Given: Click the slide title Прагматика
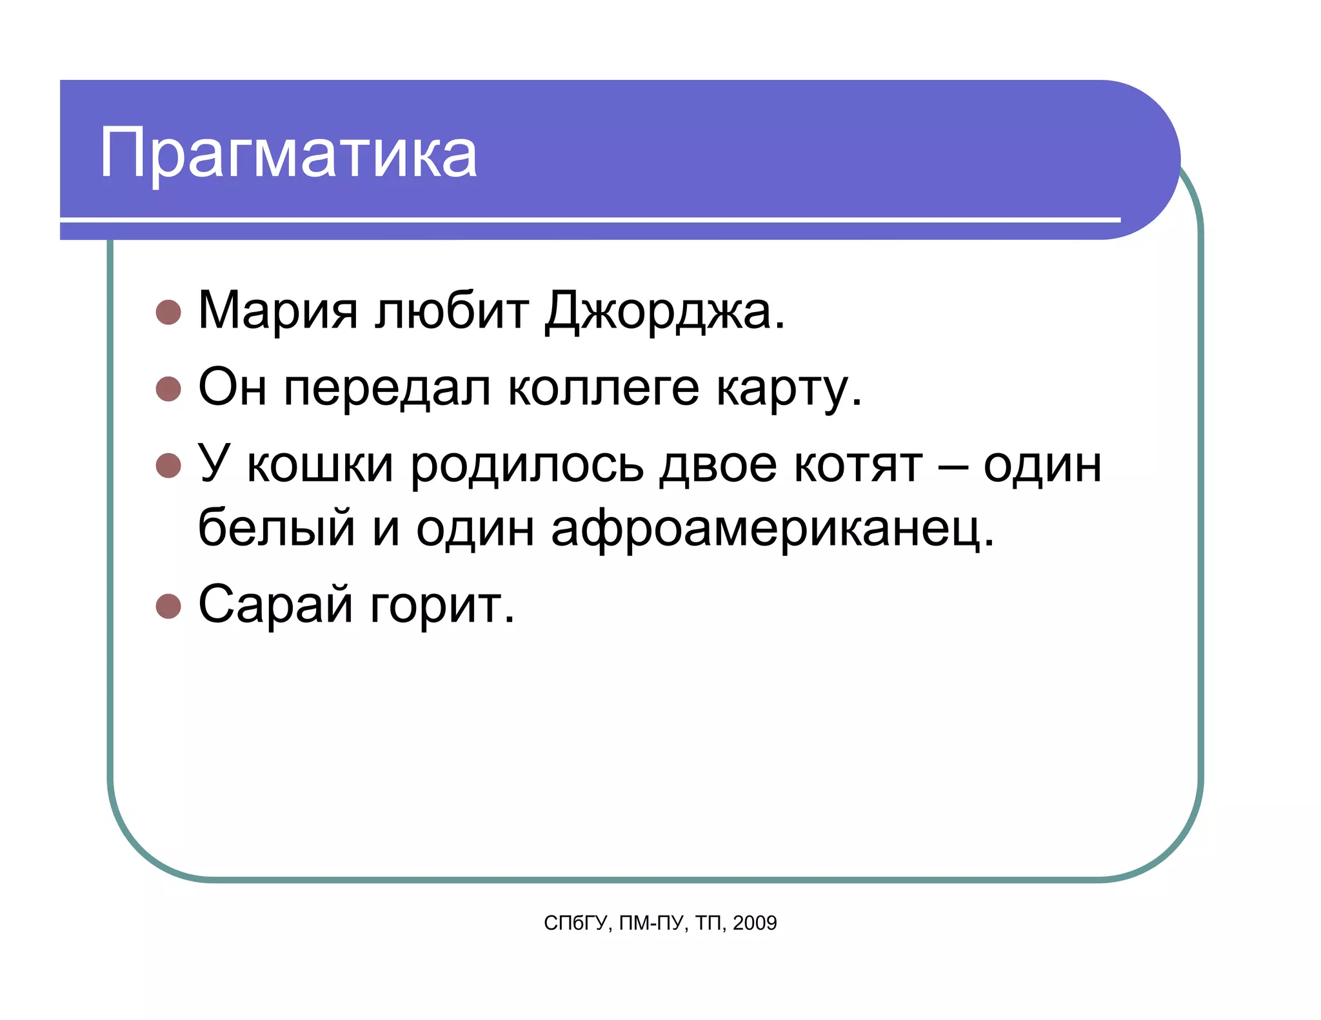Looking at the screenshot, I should tap(288, 153).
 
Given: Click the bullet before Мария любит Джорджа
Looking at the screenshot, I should tap(168, 312).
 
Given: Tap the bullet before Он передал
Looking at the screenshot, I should tap(168, 389).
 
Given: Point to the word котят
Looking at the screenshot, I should tap(858, 466).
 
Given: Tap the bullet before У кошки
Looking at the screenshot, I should tap(168, 466).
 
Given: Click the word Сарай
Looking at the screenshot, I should tap(276, 605).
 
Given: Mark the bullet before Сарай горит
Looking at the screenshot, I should tap(168, 606).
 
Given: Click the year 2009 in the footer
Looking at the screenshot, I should tap(755, 923).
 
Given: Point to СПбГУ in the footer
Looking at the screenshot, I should tap(576, 923).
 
